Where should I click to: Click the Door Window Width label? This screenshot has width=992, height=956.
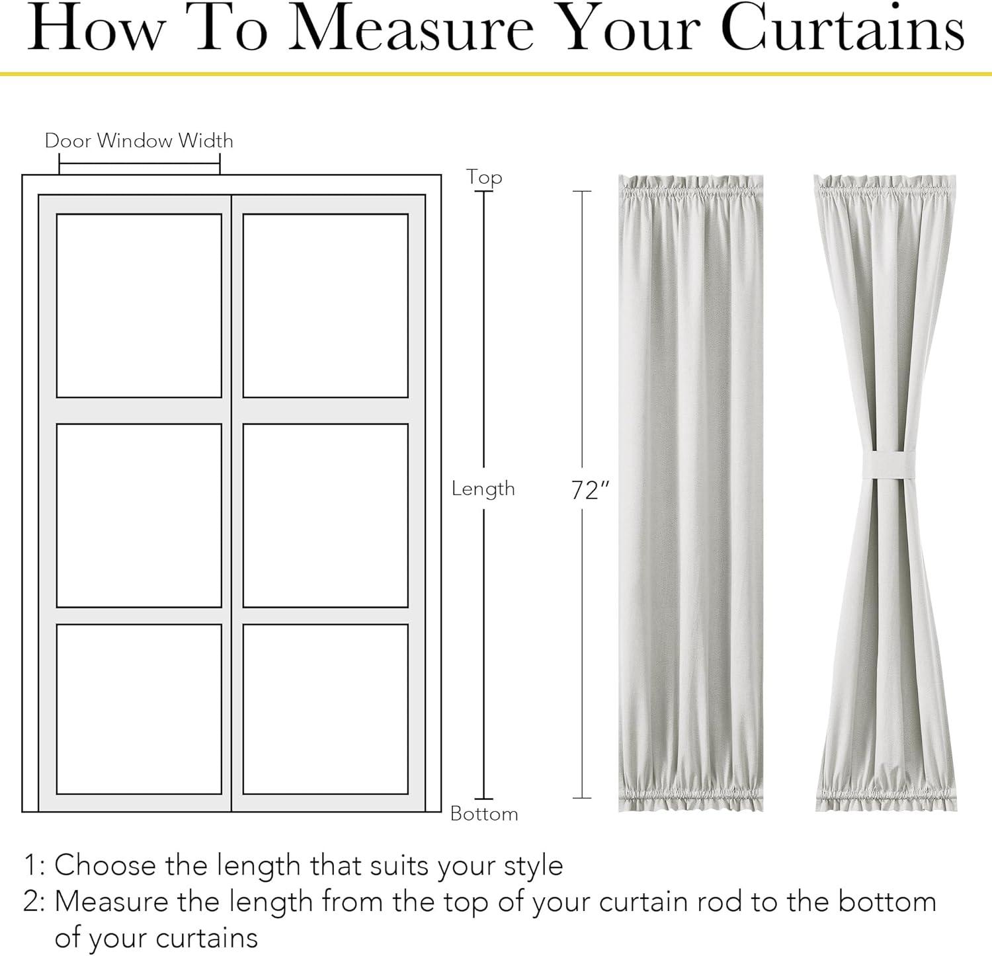tap(139, 140)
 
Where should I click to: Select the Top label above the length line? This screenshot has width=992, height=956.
tap(484, 178)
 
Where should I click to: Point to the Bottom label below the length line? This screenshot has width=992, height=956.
tap(484, 813)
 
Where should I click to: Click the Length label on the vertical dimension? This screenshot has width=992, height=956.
tap(483, 489)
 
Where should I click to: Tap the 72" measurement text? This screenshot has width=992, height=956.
tap(589, 490)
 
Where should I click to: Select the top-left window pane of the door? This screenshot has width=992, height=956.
tap(139, 305)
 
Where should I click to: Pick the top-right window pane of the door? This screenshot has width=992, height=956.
tap(325, 305)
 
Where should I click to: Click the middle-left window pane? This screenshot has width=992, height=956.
tap(139, 515)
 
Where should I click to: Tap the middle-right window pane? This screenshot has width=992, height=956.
tap(325, 515)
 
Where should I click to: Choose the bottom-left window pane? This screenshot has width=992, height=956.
tap(139, 709)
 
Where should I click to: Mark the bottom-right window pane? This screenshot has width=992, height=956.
tap(325, 709)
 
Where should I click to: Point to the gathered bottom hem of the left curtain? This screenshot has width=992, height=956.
tap(690, 797)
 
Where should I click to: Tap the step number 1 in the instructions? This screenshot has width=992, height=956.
tap(30, 865)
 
